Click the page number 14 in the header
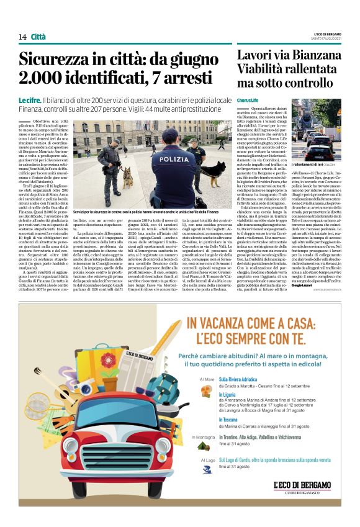(x=22, y=37)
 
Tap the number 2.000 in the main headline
(x=45, y=79)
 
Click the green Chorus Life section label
(x=247, y=100)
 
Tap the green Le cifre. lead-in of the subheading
(x=29, y=101)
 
